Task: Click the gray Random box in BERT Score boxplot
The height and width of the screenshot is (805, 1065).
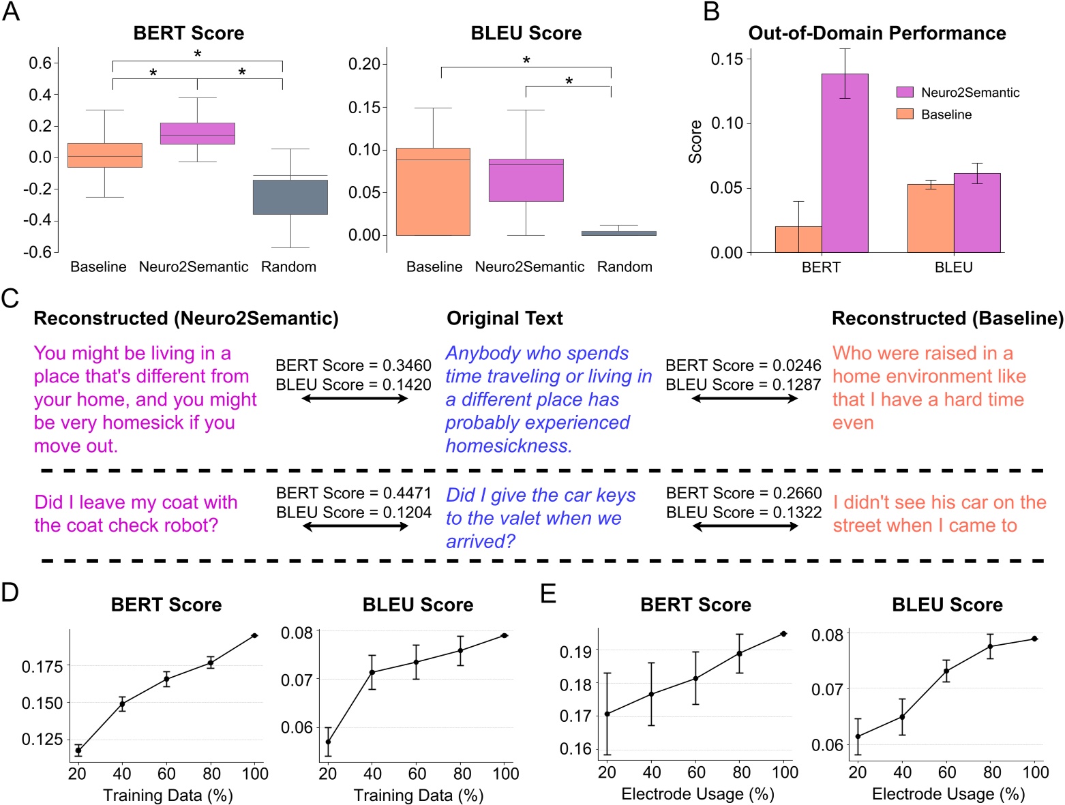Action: pyautogui.click(x=290, y=196)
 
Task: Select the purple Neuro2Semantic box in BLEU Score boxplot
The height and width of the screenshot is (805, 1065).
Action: pyautogui.click(x=526, y=180)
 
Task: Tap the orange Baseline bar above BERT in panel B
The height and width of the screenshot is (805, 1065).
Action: pyautogui.click(x=798, y=239)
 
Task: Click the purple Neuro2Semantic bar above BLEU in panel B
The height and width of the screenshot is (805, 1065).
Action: pyautogui.click(x=976, y=213)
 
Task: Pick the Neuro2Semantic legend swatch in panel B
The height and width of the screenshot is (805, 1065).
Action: pyautogui.click(x=904, y=92)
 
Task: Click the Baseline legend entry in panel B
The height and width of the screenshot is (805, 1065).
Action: pyautogui.click(x=946, y=115)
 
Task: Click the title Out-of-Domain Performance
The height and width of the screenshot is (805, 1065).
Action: pyautogui.click(x=877, y=33)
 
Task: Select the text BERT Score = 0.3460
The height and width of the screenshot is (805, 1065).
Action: pyautogui.click(x=353, y=365)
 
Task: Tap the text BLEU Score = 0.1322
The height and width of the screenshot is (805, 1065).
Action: pyautogui.click(x=744, y=512)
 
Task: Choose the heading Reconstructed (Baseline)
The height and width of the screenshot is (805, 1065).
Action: pyautogui.click(x=947, y=318)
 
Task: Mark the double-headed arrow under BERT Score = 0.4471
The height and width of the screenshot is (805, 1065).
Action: pyautogui.click(x=355, y=526)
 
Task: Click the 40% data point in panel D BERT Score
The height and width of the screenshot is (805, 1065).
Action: pyautogui.click(x=122, y=704)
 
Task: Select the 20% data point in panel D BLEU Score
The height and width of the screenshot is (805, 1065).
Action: pyautogui.click(x=328, y=742)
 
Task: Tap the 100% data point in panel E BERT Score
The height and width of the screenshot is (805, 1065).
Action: pyautogui.click(x=783, y=634)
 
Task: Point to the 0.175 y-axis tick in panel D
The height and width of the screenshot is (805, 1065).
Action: pyautogui.click(x=42, y=666)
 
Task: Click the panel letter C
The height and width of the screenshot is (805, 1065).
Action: pyautogui.click(x=10, y=299)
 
